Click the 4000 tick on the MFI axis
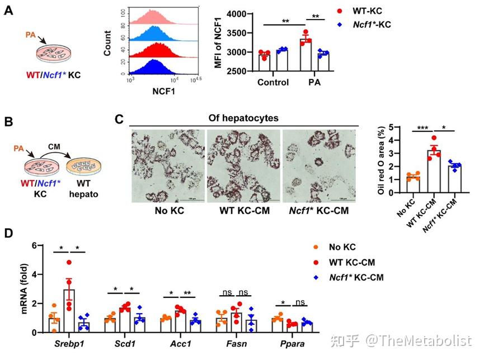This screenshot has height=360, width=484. pyautogui.click(x=234, y=14)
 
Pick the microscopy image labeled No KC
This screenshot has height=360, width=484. pyautogui.click(x=167, y=165)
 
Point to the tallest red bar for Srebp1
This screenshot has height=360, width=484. pyautogui.click(x=69, y=311)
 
